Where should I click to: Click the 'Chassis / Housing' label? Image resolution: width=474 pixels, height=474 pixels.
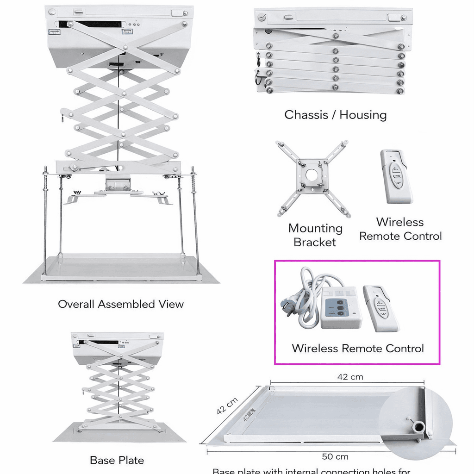(x=335, y=114)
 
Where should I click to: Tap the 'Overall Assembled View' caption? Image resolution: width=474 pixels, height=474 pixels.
(x=121, y=304)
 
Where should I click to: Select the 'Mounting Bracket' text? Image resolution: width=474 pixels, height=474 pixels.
(x=315, y=235)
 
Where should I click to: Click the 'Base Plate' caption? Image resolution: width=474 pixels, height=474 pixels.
(x=117, y=460)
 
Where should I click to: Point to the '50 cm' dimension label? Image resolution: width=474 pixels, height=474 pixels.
(x=335, y=457)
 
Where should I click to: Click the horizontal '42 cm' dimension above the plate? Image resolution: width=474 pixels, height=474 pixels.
(x=350, y=377)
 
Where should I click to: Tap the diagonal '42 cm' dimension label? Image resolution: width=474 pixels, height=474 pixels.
(x=227, y=405)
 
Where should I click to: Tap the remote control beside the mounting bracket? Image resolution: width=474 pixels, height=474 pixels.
(x=396, y=176)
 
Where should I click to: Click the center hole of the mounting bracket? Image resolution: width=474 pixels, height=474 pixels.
(x=312, y=175)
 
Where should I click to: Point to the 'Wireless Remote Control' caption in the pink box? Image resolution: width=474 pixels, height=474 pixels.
(x=357, y=348)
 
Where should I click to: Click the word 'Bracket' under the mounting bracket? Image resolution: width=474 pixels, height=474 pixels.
(x=315, y=242)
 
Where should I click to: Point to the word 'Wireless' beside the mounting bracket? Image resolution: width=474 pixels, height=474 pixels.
(x=399, y=222)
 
